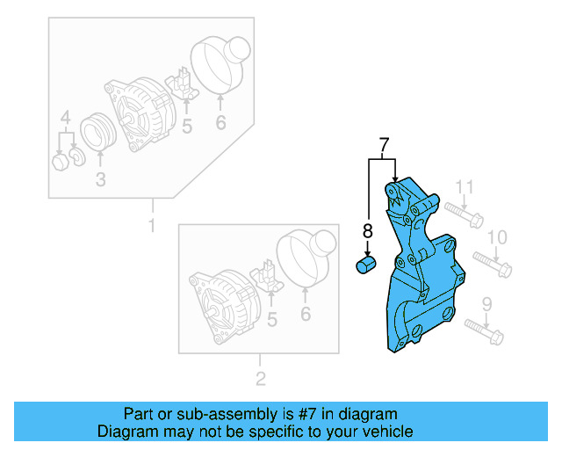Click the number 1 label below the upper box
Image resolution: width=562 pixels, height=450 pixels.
[x=151, y=226]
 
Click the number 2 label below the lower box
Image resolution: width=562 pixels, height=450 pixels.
[x=260, y=380]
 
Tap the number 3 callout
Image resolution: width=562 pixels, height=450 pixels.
[x=100, y=180]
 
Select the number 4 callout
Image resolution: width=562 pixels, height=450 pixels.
[x=65, y=119]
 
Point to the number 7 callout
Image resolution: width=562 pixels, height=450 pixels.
[x=383, y=144]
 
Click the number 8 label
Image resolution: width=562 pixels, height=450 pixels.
[x=368, y=232]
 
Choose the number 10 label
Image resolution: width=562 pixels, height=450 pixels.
[x=497, y=237]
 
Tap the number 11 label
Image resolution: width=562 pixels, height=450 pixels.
[x=465, y=186]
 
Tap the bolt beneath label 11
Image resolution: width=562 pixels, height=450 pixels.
[x=462, y=214]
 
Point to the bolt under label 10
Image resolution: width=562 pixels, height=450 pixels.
[x=492, y=262]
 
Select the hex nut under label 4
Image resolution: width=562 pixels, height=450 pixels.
[x=60, y=162]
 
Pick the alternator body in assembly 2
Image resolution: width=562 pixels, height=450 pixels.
[x=220, y=303]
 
